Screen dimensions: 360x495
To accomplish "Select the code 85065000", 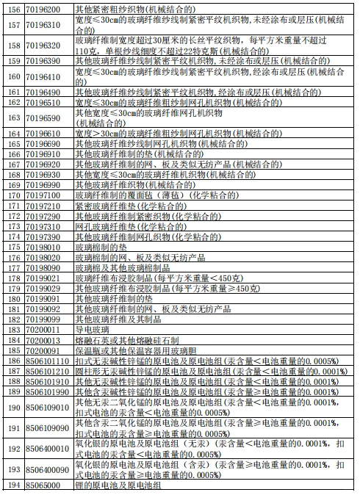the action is click(x=43, y=485).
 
